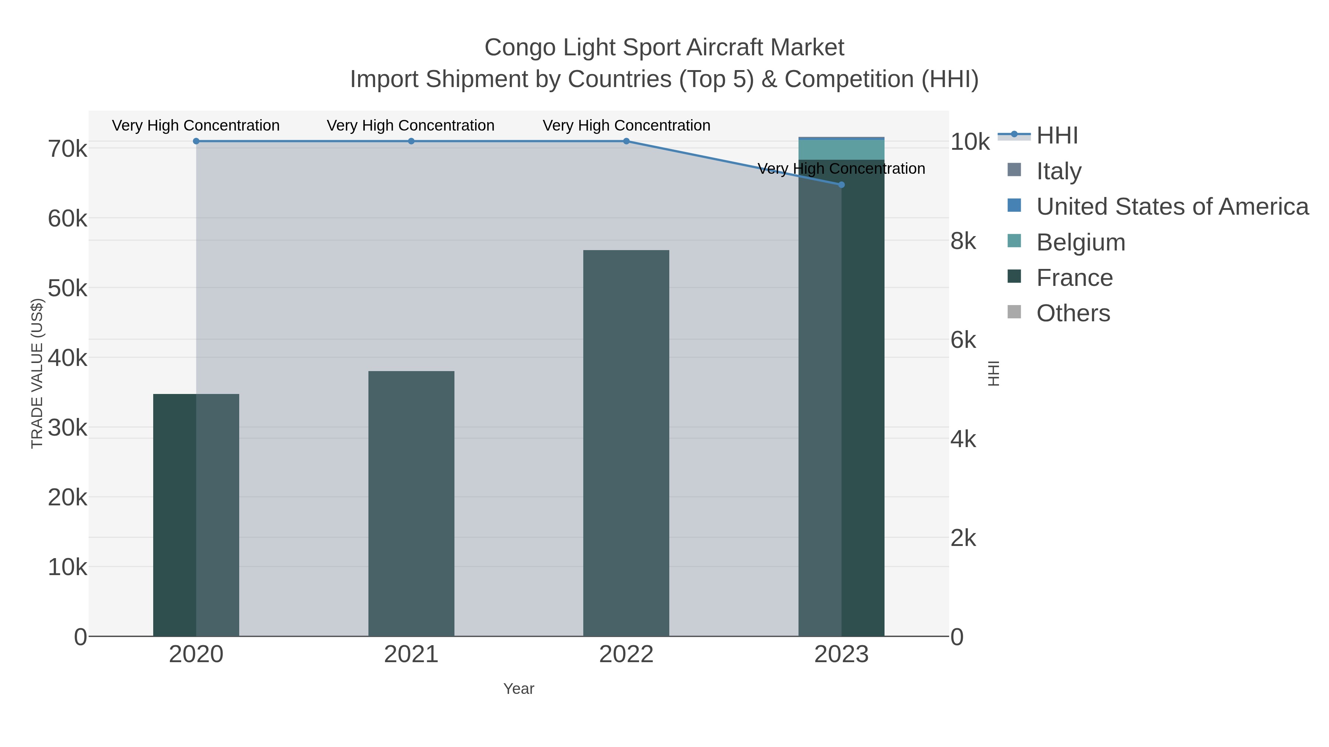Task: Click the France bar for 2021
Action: click(x=411, y=503)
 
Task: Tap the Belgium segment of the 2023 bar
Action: click(x=841, y=149)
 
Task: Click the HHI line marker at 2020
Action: click(x=196, y=141)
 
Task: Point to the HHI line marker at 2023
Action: click(x=841, y=184)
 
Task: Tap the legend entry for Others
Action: click(x=1073, y=313)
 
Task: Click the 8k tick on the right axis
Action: click(x=963, y=241)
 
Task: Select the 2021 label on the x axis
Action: click(x=411, y=654)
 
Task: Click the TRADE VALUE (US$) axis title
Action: click(x=37, y=373)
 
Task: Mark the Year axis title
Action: click(x=519, y=688)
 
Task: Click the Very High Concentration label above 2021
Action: click(x=411, y=125)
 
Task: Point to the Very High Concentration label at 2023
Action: click(x=841, y=169)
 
